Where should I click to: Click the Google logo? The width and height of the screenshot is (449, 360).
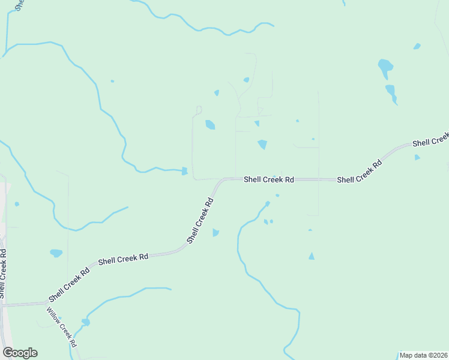tap(20, 353)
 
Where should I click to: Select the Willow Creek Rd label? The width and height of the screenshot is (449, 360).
tap(62, 328)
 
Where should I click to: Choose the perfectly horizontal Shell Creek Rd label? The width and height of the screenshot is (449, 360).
tap(268, 179)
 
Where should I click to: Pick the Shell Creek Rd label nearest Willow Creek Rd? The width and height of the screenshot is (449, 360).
tap(69, 285)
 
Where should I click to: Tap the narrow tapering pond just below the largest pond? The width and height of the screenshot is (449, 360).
tap(391, 92)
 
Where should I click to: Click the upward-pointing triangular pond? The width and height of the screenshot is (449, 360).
tap(311, 256)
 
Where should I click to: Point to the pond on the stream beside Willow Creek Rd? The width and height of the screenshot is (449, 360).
tap(86, 322)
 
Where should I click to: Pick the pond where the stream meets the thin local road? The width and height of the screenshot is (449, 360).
tap(185, 172)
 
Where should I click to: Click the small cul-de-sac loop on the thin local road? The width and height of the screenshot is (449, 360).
tap(199, 109)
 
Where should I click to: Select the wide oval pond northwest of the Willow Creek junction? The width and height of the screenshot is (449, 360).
tap(56, 253)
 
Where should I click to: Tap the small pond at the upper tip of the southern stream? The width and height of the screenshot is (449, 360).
tap(267, 203)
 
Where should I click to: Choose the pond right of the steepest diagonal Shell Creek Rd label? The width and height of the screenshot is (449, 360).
tap(215, 233)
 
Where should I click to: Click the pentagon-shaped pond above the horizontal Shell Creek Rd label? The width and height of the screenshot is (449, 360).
tap(262, 145)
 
